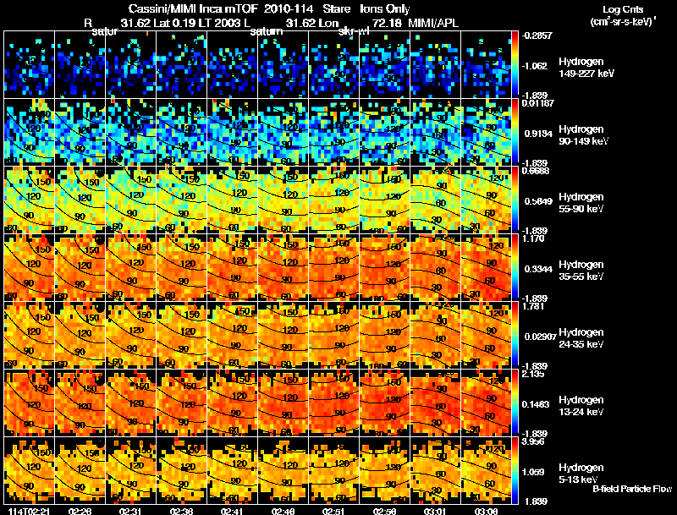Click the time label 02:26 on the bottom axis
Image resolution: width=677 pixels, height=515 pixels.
point(82,510)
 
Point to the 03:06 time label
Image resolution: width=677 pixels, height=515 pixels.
point(488,510)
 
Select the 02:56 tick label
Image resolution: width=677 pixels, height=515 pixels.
point(387,510)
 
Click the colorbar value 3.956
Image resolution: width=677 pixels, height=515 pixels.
point(532,441)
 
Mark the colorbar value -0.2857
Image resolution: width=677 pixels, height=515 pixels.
point(536,36)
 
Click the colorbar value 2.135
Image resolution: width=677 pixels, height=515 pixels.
point(532,374)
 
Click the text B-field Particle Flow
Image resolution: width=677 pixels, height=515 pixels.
point(632,489)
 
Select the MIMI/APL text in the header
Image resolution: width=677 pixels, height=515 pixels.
point(438,23)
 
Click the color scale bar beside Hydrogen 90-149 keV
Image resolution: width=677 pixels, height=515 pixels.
point(516,132)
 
